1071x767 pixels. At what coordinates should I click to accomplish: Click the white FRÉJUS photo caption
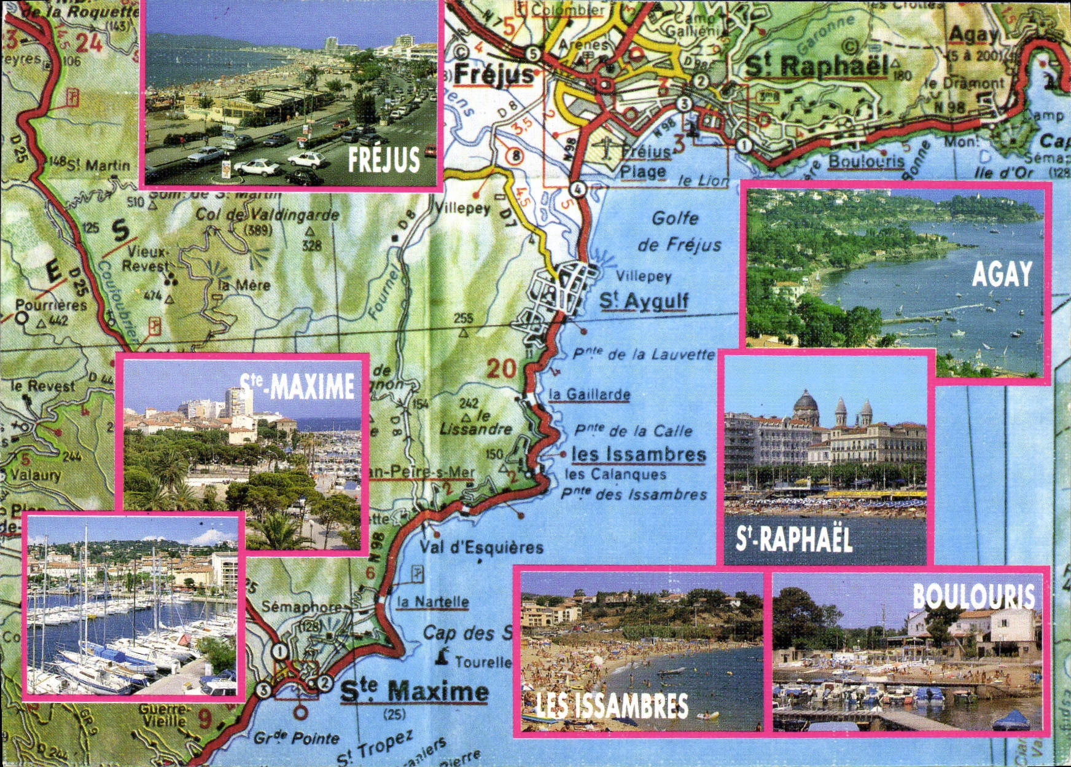384,159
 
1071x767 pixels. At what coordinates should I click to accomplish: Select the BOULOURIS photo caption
974,596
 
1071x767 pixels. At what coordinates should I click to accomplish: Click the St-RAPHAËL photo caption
794,540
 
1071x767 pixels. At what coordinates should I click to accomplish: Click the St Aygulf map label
644,301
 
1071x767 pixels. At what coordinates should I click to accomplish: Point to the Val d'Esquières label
481,547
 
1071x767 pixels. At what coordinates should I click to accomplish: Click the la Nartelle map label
433,602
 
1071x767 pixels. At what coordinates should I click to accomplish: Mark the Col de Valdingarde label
267,215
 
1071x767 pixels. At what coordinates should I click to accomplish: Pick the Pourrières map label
50,305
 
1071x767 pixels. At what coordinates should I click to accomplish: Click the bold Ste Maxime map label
415,692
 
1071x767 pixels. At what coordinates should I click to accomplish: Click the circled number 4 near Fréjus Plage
577,189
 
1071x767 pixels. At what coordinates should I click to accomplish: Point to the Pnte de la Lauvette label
644,355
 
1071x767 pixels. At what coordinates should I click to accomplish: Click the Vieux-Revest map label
146,259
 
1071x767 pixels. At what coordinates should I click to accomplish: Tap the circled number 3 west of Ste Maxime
263,690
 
